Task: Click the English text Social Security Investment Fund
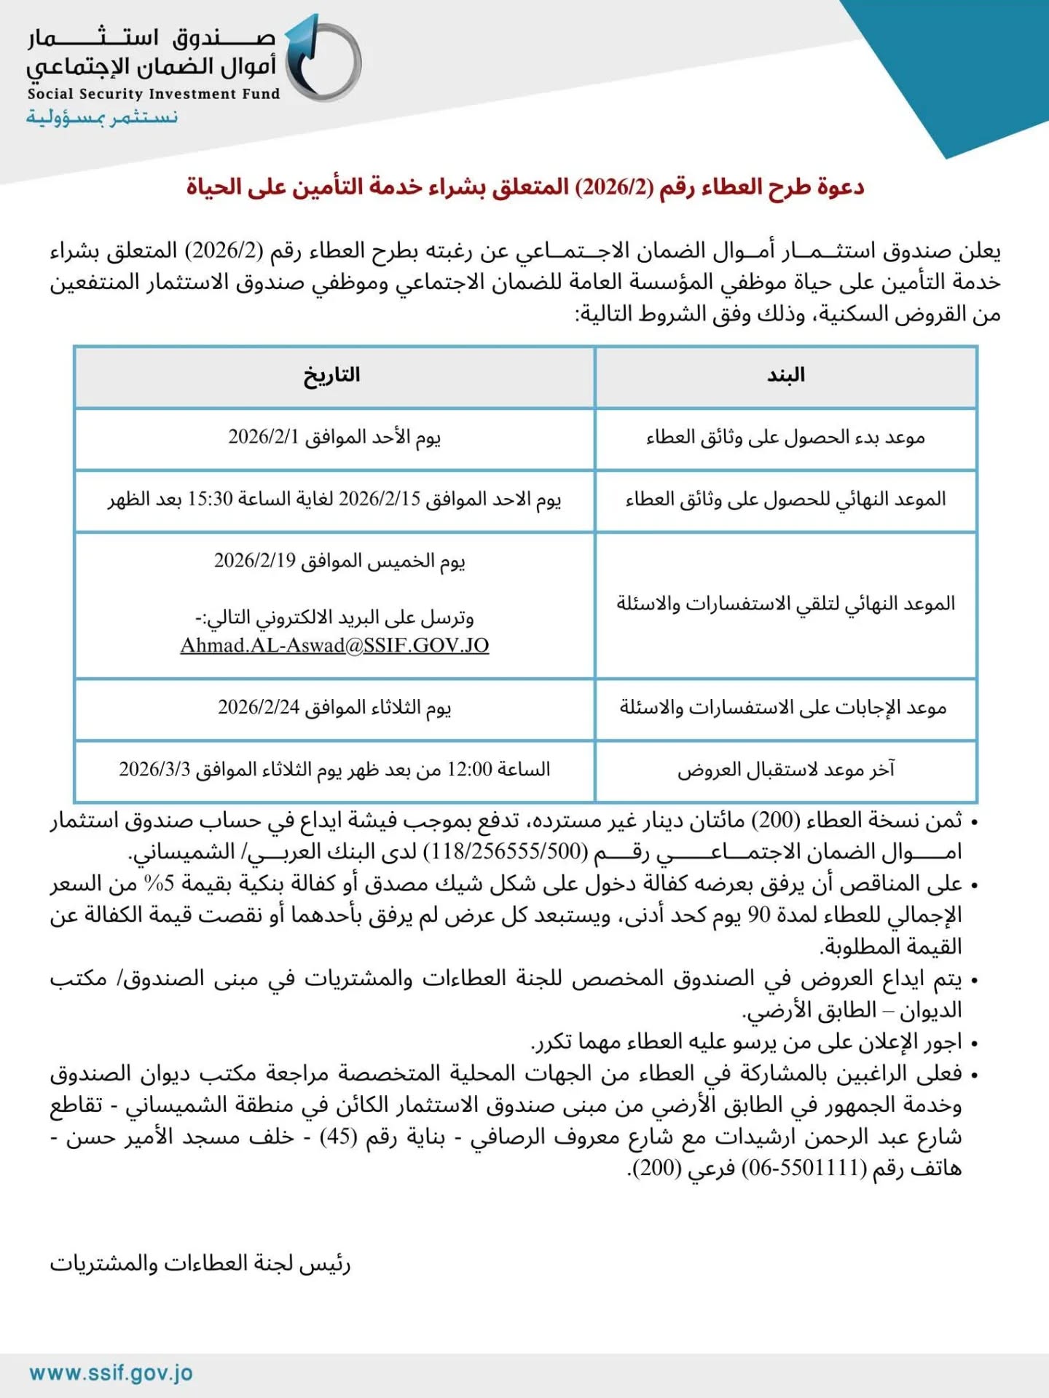(154, 94)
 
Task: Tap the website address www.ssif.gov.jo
(111, 1373)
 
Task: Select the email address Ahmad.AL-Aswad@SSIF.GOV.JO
(334, 646)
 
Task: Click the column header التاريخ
(332, 376)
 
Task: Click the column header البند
(785, 376)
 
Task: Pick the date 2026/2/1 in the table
(264, 437)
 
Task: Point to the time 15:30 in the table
(210, 499)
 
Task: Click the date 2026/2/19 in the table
(255, 561)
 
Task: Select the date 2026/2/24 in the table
(259, 708)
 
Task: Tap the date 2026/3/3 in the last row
(154, 770)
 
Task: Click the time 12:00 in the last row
(470, 770)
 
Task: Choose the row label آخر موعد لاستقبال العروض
(785, 770)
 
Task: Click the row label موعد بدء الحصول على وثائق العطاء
(785, 437)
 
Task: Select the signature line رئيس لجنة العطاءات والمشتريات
(200, 1264)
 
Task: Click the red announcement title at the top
(524, 188)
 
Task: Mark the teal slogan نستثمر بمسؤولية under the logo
(102, 117)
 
